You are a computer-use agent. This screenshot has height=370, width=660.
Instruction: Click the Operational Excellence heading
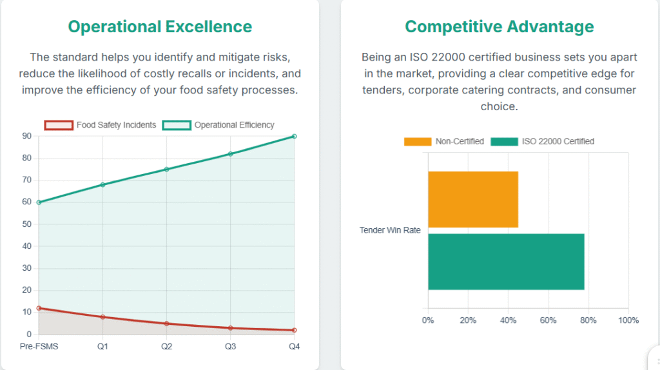[x=160, y=26]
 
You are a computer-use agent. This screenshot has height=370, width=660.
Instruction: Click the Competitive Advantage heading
[x=500, y=26]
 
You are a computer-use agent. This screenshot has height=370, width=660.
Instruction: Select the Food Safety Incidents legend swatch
[x=59, y=125]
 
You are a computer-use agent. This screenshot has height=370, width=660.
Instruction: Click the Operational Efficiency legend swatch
[x=177, y=125]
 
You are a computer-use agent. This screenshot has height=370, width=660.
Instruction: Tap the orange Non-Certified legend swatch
[x=418, y=141]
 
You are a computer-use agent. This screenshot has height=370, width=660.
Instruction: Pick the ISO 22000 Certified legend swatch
[x=505, y=141]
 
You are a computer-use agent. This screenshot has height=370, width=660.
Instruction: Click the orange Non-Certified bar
[x=473, y=199]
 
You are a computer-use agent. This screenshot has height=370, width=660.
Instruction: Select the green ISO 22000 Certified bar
[x=506, y=262]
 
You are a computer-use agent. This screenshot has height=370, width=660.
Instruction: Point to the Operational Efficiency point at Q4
[x=295, y=136]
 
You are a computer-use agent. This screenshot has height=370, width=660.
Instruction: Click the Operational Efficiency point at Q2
[x=166, y=170]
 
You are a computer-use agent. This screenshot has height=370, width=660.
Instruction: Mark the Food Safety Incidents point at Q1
[x=102, y=317]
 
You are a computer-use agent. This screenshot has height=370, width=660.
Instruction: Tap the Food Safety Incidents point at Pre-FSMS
[x=39, y=308]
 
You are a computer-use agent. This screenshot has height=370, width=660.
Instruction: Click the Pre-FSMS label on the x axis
[x=39, y=347]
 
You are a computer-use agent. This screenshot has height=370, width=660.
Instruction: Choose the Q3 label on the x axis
[x=230, y=347]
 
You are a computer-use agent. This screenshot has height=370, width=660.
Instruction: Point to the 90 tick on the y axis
[x=26, y=136]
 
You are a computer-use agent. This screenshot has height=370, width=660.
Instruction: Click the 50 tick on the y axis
[x=26, y=224]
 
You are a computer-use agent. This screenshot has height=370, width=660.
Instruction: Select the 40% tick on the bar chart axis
[x=508, y=320]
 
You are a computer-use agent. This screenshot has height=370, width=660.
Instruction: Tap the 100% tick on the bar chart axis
[x=628, y=320]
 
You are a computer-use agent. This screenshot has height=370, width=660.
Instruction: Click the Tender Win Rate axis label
[x=390, y=231]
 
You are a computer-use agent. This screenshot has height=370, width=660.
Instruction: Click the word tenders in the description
[x=382, y=90]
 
